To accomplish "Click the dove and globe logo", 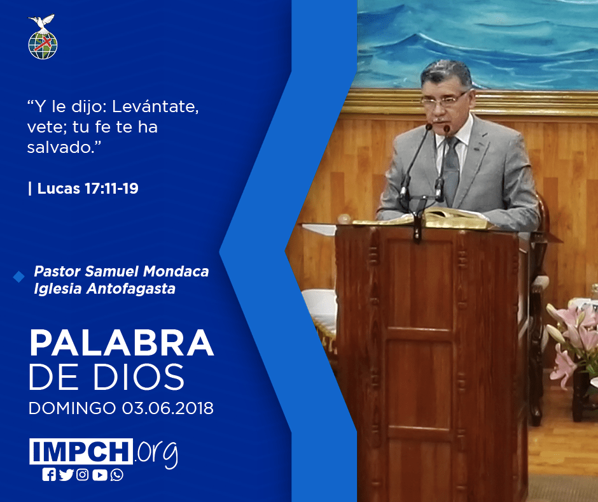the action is click(x=43, y=37).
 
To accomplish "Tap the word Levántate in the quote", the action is click(x=155, y=106).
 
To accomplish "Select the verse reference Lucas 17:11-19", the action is click(x=88, y=189).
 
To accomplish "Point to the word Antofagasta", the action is click(x=131, y=289).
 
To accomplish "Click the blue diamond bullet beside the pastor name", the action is click(x=18, y=277).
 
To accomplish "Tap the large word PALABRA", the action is click(x=122, y=343).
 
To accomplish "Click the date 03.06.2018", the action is click(x=168, y=408).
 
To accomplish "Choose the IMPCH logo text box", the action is click(x=81, y=451).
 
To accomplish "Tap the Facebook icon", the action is click(x=49, y=475).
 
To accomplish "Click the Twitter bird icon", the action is click(x=66, y=475).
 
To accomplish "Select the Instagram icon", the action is click(x=82, y=475).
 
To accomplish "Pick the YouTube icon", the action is click(x=99, y=475).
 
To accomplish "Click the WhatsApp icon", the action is click(x=116, y=475).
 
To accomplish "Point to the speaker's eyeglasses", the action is click(x=444, y=100).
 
